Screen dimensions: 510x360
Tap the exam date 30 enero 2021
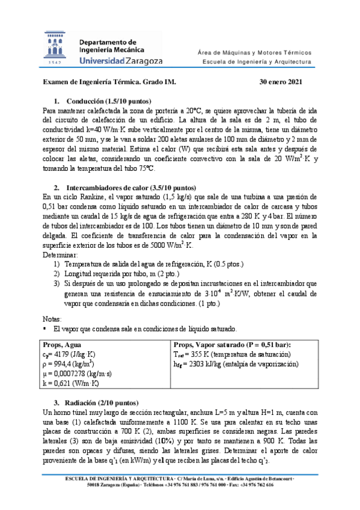click(x=280, y=82)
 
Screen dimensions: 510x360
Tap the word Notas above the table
click(x=53, y=319)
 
